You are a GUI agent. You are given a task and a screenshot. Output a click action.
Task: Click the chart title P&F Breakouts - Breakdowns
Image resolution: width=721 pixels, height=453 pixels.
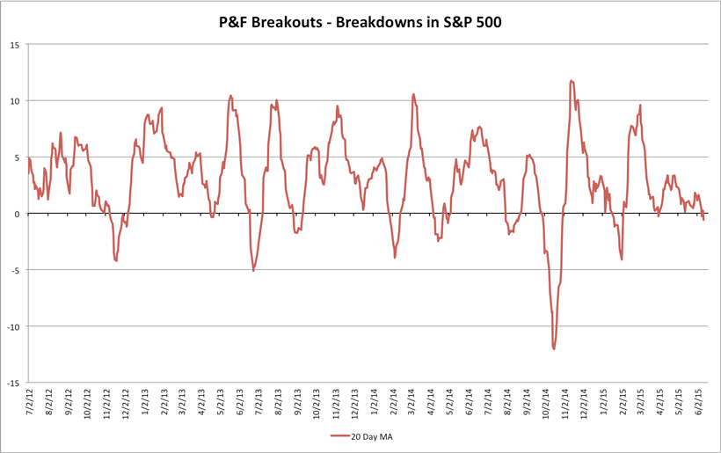point(360,23)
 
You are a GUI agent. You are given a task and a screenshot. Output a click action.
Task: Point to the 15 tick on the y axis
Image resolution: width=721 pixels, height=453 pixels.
point(15,44)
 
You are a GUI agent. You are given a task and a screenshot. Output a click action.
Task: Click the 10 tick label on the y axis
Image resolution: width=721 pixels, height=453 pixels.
point(15,100)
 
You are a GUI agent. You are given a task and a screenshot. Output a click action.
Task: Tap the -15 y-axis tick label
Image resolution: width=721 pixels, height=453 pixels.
point(13,384)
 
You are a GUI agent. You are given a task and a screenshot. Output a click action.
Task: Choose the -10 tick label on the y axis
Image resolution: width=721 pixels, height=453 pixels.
point(13,326)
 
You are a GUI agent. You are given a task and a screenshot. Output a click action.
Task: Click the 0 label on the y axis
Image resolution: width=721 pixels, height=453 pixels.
point(18,214)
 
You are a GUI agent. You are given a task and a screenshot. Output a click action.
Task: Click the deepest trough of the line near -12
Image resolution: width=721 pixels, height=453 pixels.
point(554,349)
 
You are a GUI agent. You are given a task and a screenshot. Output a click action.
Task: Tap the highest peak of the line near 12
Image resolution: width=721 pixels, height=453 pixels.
point(572,81)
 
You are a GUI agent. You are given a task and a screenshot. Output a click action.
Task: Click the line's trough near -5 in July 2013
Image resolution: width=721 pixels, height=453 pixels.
point(254,270)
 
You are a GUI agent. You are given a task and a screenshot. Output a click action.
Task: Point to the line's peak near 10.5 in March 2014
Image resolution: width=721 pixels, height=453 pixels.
point(413,94)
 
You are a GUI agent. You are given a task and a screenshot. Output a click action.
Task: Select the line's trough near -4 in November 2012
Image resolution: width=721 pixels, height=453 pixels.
point(116,260)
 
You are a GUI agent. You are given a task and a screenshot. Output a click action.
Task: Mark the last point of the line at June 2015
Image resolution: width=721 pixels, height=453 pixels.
point(703,219)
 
